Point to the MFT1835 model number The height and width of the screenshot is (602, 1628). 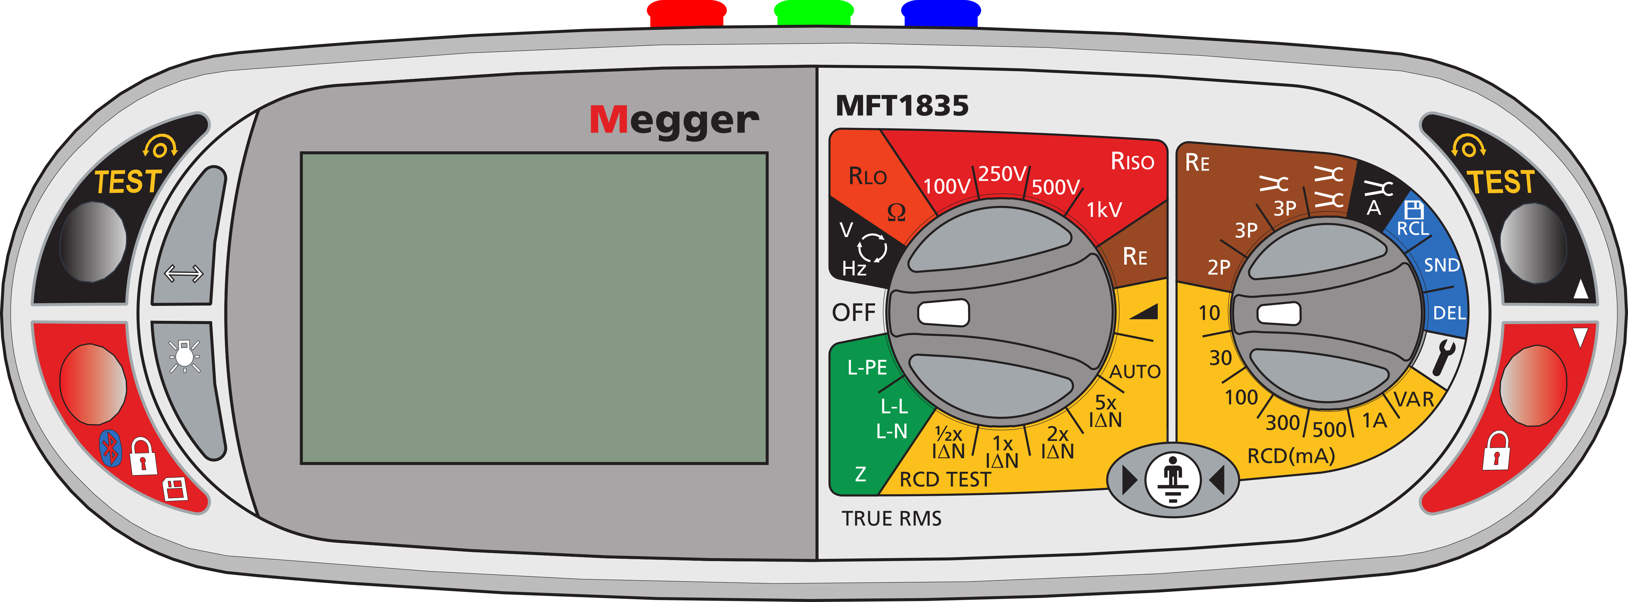click(x=902, y=106)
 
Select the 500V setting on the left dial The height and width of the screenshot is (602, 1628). click(x=1055, y=187)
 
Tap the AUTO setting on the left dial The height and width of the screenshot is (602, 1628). click(x=1135, y=371)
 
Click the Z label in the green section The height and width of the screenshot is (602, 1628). click(x=860, y=474)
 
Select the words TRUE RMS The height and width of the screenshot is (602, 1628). click(x=891, y=519)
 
